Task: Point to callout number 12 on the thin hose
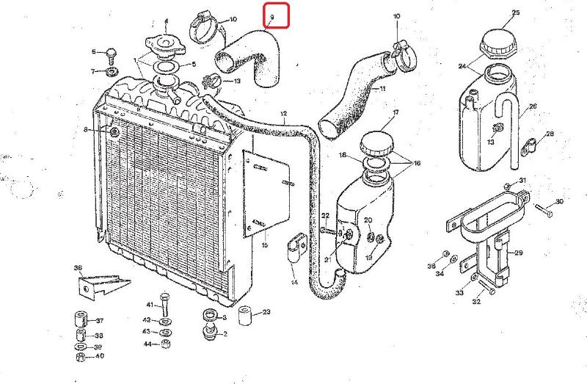(x=283, y=113)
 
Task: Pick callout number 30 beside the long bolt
(x=559, y=201)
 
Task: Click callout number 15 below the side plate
(x=265, y=244)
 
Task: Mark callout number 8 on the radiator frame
(x=86, y=130)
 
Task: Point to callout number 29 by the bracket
(x=519, y=253)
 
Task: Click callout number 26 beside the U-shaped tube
(x=533, y=106)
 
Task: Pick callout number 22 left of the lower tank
(x=324, y=214)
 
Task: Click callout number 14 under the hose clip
(x=294, y=282)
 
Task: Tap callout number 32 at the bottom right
(x=476, y=301)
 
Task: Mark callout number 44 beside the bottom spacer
(x=147, y=344)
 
